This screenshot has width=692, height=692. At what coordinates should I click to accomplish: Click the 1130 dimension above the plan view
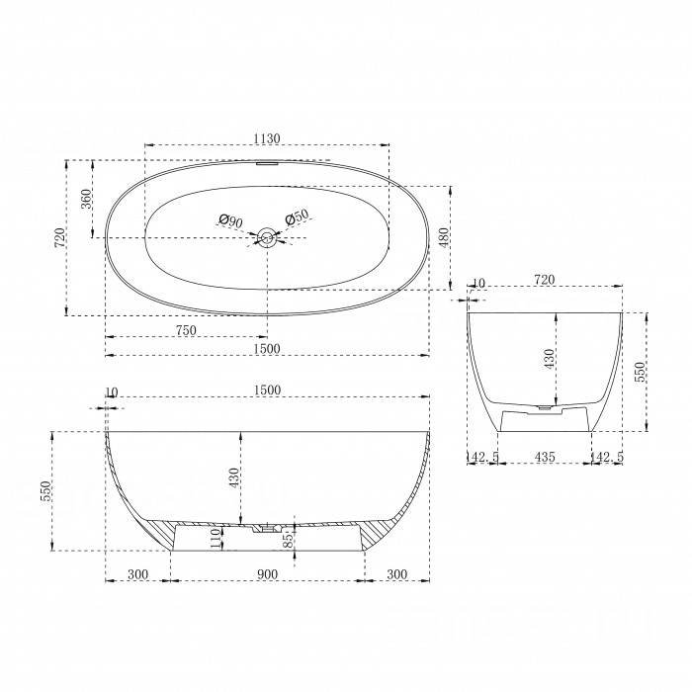click(267, 138)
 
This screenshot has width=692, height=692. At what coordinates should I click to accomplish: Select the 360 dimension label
click(86, 199)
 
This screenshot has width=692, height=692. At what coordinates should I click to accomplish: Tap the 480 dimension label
click(444, 237)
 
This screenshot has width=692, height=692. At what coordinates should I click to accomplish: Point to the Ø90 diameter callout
click(230, 220)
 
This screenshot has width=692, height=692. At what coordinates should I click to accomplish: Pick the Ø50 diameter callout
click(297, 216)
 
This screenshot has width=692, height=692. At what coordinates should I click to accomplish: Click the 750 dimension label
click(186, 330)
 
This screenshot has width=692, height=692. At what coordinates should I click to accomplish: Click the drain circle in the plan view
click(267, 237)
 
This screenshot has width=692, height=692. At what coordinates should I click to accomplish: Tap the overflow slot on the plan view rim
click(267, 163)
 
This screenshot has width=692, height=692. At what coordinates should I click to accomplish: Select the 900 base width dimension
click(267, 574)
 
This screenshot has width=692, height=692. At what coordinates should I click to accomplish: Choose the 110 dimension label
click(216, 539)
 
